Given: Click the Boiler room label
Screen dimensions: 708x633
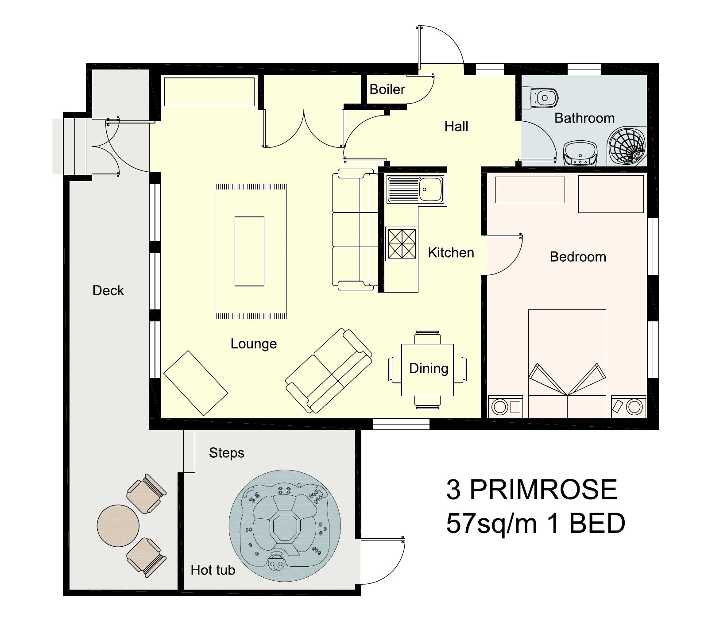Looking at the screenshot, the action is tap(387, 89).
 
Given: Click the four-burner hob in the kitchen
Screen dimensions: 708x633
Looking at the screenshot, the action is tap(402, 243).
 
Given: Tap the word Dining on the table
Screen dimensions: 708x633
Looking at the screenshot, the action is tap(429, 368).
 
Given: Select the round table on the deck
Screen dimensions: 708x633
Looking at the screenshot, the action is tap(118, 526).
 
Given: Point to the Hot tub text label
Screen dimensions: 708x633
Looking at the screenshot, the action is tap(213, 570).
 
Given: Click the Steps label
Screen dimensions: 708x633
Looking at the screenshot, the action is tap(227, 453).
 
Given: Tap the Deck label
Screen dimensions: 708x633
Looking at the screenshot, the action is tap(108, 291).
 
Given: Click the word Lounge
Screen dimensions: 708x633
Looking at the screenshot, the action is tap(254, 344).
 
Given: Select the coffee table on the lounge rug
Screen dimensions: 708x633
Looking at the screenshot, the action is tap(249, 251).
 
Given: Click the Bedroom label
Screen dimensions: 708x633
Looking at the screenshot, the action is tap(578, 257).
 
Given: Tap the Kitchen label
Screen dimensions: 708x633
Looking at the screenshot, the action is tap(451, 253).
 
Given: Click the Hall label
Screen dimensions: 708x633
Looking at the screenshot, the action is tap(456, 127).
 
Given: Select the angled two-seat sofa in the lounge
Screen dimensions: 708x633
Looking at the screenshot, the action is tap(329, 371).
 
